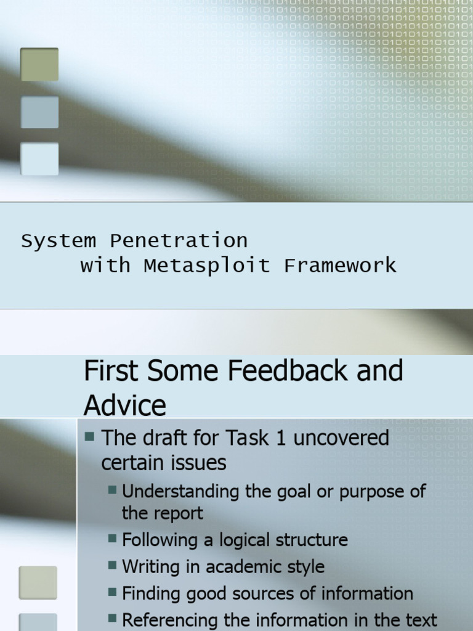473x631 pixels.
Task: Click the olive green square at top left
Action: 39,65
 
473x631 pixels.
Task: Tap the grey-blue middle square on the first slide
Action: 39,112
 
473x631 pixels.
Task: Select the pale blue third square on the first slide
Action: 39,159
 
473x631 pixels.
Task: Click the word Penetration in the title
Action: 179,240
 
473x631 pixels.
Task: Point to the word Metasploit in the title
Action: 207,266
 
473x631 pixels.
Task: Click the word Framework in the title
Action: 340,266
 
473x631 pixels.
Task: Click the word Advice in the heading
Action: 125,405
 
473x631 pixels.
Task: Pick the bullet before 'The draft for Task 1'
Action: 90,437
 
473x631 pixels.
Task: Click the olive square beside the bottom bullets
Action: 38,582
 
